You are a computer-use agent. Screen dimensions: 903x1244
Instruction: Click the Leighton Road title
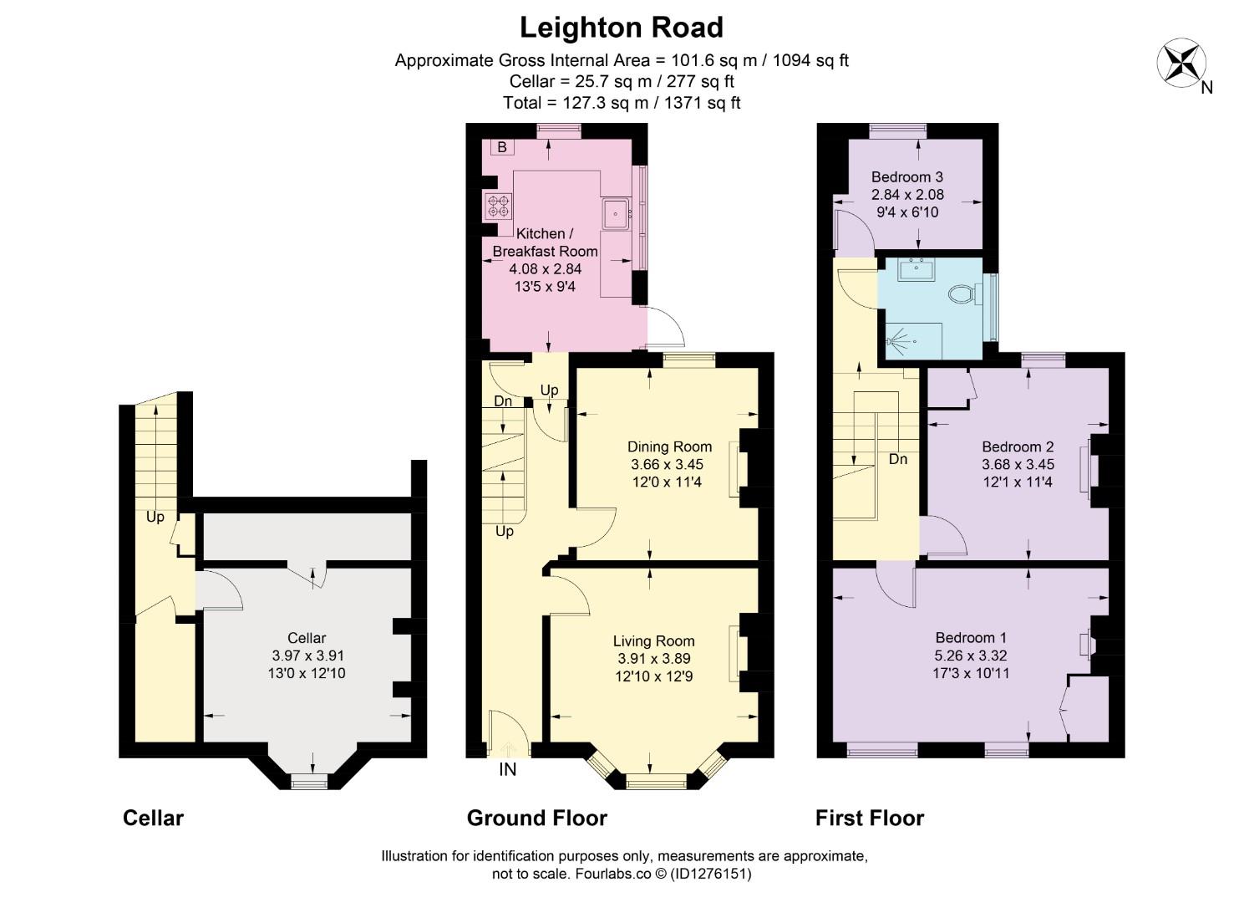click(x=621, y=28)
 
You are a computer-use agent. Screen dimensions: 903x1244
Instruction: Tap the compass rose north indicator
click(x=1181, y=64)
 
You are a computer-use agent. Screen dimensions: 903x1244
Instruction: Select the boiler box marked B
click(x=502, y=147)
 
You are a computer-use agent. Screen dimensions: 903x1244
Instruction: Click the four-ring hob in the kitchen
click(x=498, y=207)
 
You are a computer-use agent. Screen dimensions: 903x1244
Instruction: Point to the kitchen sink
click(x=616, y=214)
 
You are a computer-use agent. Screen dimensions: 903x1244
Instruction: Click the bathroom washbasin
click(x=917, y=269)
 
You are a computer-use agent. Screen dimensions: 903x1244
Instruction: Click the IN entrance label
click(x=507, y=769)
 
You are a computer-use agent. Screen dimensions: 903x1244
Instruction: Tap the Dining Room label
click(x=669, y=446)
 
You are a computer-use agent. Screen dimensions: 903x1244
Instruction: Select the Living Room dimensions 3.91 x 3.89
click(x=653, y=659)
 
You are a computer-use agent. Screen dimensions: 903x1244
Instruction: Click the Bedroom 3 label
click(x=906, y=176)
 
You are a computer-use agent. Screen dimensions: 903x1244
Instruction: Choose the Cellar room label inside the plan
click(x=307, y=638)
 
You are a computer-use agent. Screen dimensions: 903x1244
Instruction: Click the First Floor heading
click(x=869, y=818)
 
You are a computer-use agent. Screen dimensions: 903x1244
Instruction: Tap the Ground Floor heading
click(x=536, y=818)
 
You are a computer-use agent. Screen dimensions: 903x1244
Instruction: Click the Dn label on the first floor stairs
click(x=897, y=459)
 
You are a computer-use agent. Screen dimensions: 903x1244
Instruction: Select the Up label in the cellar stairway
click(x=155, y=517)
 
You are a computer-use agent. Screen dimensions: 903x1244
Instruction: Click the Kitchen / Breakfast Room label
click(x=545, y=242)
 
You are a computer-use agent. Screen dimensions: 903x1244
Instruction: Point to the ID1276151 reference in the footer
click(x=710, y=875)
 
